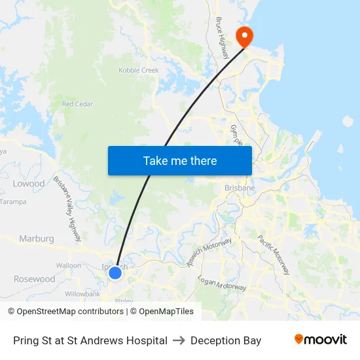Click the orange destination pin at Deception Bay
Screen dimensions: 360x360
tap(244, 35)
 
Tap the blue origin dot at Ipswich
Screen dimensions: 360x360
tap(115, 272)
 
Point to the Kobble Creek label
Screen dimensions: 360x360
tap(139, 70)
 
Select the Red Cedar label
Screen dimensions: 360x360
tap(77, 104)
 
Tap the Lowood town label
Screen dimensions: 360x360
tap(29, 184)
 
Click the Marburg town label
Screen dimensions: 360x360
tap(37, 239)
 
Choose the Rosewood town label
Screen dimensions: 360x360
tap(35, 279)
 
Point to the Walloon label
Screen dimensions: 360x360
tap(69, 266)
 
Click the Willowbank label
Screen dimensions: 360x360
tap(82, 294)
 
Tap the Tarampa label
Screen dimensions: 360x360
tap(13, 202)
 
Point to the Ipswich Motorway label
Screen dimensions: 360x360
tap(209, 252)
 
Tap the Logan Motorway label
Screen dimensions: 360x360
tap(222, 283)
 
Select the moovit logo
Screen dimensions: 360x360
tap(321, 340)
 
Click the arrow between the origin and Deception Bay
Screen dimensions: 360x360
tap(179, 340)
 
